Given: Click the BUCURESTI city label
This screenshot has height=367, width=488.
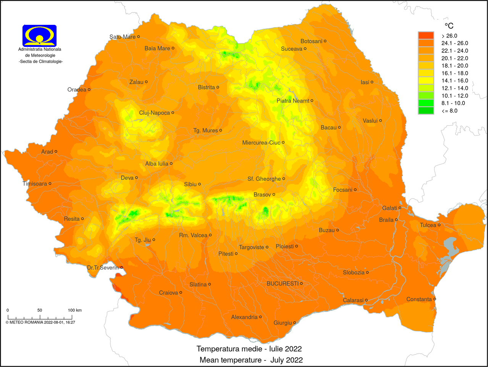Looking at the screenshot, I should coord(283,284).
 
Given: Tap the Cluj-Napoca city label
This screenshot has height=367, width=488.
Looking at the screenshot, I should coord(154,113).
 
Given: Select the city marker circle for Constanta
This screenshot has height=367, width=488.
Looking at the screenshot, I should coord(435,299).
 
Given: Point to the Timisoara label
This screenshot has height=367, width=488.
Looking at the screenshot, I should coord(35,184).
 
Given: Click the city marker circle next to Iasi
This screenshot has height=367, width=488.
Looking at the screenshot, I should coord(372,82).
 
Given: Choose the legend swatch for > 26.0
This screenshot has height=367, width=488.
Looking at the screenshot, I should coord(426,36).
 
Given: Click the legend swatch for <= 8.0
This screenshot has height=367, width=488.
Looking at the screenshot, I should coord(426,110).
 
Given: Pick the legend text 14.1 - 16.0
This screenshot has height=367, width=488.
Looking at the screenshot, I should coord(455,81).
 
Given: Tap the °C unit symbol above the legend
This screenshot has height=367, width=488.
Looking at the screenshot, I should coord(449,26).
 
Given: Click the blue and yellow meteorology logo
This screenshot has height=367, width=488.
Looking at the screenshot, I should coord(40,36).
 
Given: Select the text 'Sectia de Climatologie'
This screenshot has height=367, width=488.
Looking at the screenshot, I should coord(41,62).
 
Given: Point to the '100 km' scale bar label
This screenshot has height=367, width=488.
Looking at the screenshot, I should coord(75,310).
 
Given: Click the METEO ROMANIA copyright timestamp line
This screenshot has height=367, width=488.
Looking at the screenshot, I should coord(40,322).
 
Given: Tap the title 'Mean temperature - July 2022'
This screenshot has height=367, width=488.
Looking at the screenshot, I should coord(251,360).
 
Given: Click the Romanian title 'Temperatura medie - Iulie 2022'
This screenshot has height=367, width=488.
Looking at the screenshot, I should coord(249,349).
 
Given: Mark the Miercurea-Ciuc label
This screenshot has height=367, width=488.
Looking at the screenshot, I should coord(261,143).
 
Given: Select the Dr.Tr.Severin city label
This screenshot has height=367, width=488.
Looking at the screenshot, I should coord(103,268).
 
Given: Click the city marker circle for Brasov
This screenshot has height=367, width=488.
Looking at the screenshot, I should coord(274,195).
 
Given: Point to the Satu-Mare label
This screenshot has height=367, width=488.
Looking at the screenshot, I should coord(123,37).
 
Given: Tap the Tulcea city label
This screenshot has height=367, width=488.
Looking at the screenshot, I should coord(428,225).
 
